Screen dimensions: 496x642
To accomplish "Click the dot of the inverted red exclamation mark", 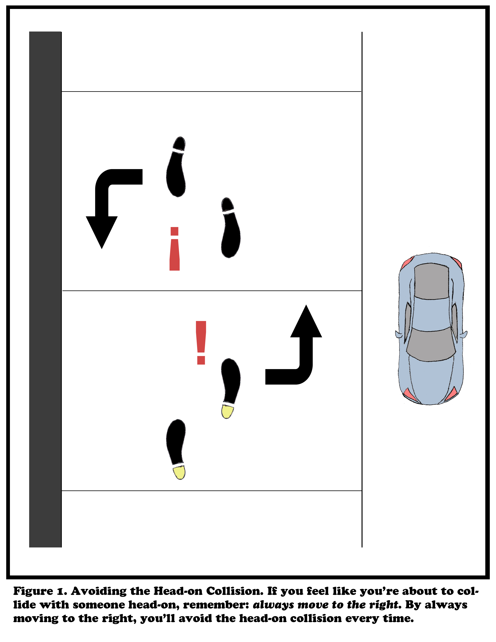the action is tap(174, 231).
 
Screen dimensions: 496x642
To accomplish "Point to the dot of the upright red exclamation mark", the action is tap(201, 360).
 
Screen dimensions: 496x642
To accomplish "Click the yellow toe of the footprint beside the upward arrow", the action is tap(227, 411).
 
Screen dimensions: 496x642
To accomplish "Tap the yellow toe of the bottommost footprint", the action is tap(179, 473).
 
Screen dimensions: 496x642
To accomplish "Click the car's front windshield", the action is tap(431, 344).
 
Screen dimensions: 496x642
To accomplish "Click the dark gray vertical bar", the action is tap(45, 289).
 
